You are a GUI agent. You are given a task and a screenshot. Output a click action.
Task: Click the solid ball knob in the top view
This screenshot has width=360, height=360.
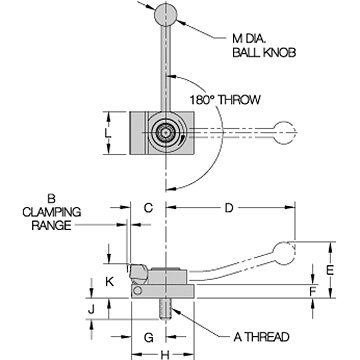click(x=166, y=15)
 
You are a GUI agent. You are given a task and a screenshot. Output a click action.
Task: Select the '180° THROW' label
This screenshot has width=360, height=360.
click(x=225, y=100)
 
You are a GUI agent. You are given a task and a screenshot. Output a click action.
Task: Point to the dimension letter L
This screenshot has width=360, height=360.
click(x=108, y=133)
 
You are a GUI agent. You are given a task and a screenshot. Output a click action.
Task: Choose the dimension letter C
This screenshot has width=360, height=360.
click(x=148, y=208)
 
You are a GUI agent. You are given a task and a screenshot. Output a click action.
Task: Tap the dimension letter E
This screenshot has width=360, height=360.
click(x=331, y=269)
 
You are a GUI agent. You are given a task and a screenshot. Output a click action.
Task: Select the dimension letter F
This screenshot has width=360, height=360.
click(x=313, y=292)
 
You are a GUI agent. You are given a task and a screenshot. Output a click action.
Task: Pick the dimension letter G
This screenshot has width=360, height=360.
click(x=148, y=337)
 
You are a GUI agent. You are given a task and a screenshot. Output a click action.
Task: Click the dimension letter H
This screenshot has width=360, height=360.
click(x=165, y=355)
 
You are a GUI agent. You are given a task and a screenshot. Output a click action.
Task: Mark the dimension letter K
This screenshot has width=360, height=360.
click(x=110, y=282)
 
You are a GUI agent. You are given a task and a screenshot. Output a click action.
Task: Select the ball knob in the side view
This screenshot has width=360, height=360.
click(x=284, y=252)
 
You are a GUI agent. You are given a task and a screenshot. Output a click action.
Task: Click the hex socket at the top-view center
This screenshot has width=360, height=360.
click(x=166, y=133)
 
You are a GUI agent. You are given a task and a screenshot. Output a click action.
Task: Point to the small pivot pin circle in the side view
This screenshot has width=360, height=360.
click(x=138, y=290)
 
